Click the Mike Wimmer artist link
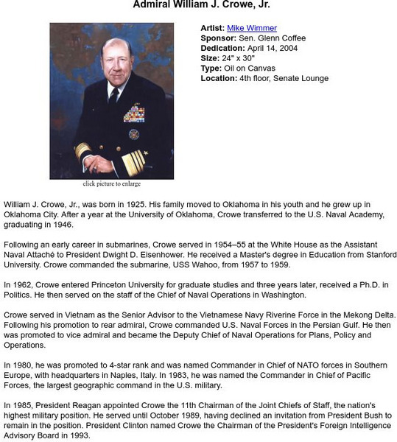(x=252, y=28)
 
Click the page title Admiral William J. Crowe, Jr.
(x=201, y=5)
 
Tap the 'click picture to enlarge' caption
(x=112, y=184)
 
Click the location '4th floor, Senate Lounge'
(x=284, y=78)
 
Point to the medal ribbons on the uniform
(x=133, y=113)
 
